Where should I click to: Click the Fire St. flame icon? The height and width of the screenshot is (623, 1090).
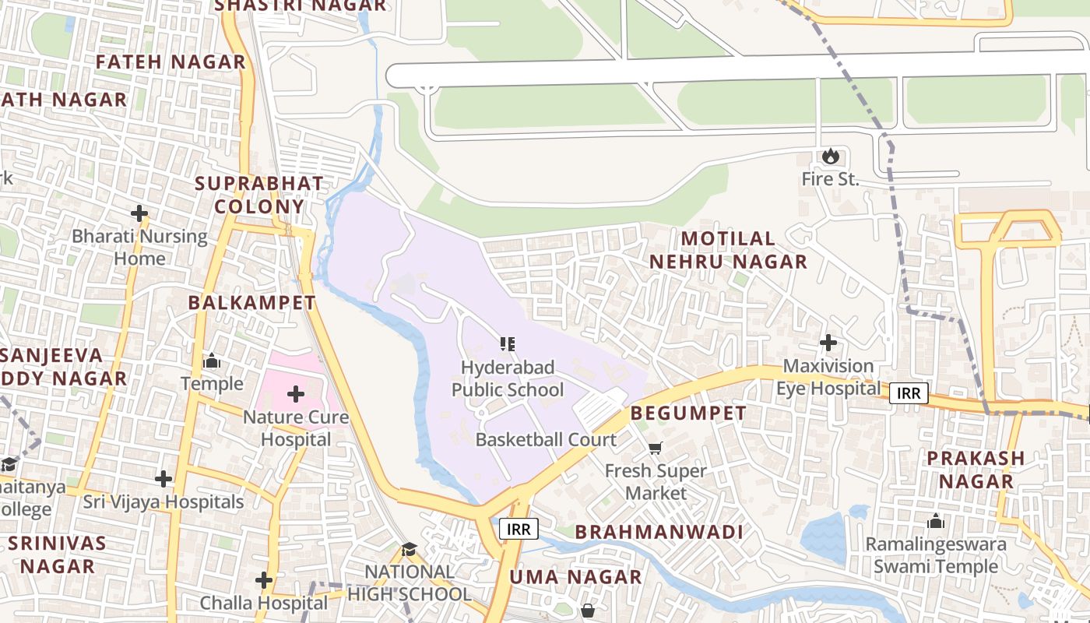click(x=831, y=157)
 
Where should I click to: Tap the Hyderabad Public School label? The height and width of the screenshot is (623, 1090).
click(x=508, y=378)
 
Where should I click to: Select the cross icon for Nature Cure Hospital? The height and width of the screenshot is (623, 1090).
click(x=296, y=394)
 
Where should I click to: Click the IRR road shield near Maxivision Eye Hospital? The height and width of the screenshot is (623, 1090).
click(x=909, y=393)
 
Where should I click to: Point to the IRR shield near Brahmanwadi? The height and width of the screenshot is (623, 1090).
click(x=519, y=530)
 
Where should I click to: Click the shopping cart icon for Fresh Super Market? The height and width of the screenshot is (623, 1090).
click(x=656, y=448)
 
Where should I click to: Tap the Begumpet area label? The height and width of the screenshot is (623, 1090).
click(x=688, y=413)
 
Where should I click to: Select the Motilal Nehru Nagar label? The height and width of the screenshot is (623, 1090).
click(x=728, y=250)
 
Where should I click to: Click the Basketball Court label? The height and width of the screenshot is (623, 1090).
click(x=546, y=439)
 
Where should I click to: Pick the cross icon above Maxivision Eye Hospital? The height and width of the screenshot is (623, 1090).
click(x=828, y=343)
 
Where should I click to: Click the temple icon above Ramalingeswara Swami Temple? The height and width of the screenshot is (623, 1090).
click(x=935, y=521)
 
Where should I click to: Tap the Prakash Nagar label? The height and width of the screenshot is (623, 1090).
click(x=975, y=470)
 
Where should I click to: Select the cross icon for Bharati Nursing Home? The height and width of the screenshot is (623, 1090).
click(x=139, y=213)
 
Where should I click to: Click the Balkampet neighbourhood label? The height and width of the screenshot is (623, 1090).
click(x=252, y=303)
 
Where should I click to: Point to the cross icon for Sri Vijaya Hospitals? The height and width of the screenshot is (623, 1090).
click(x=163, y=478)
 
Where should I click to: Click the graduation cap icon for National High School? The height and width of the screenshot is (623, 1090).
click(x=410, y=549)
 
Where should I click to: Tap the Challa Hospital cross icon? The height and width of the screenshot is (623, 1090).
click(x=264, y=580)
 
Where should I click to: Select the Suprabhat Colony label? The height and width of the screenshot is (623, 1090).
click(x=258, y=195)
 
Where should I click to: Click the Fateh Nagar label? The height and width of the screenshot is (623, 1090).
click(x=171, y=62)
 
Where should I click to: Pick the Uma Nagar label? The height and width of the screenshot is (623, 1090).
click(x=575, y=577)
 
